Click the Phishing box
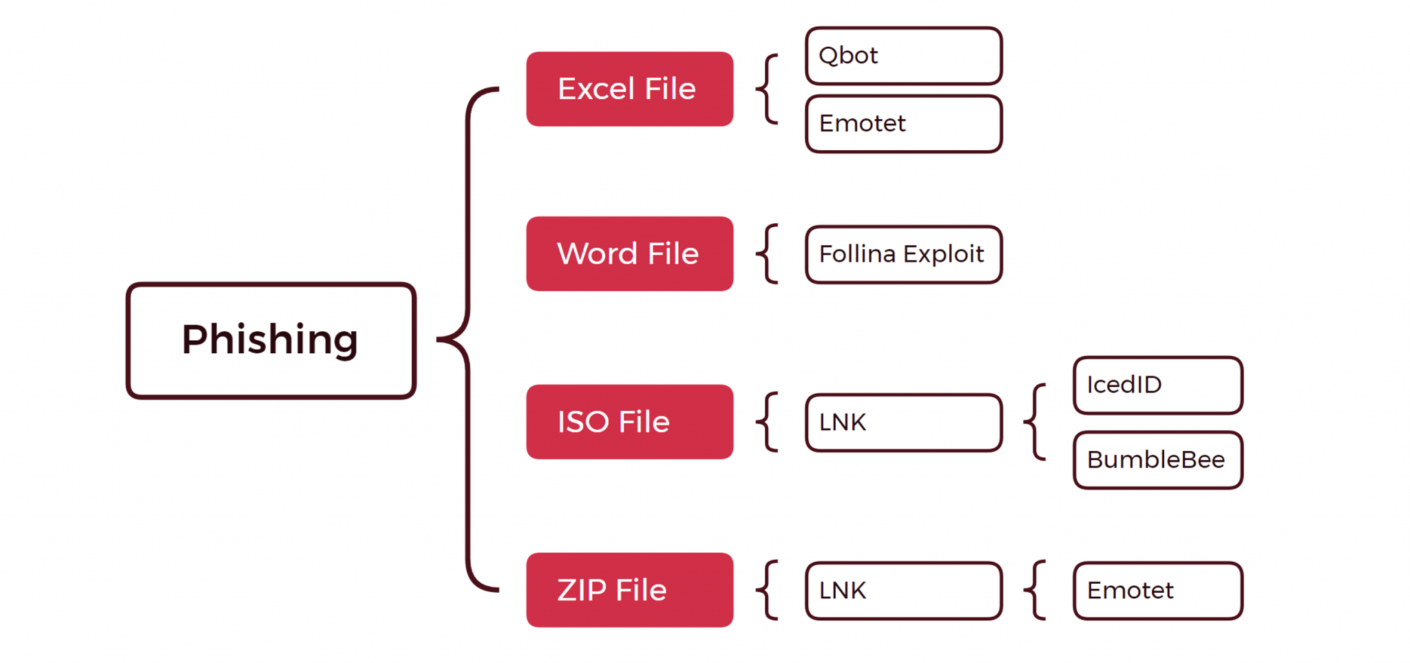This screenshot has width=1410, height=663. point(271,340)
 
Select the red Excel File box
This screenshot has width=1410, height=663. point(629,89)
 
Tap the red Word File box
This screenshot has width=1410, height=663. point(629,253)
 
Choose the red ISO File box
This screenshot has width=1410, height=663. point(629,421)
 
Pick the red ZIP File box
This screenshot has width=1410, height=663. point(629,589)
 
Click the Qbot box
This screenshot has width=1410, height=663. point(903,56)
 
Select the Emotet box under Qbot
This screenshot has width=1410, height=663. point(903,124)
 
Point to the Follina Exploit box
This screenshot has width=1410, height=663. point(903,254)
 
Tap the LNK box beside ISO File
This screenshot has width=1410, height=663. point(903,423)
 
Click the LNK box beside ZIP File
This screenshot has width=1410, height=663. point(903,591)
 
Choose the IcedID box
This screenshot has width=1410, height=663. point(1157,385)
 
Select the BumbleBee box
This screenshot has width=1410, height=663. point(1157,460)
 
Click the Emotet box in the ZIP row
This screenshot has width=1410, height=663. point(1157,591)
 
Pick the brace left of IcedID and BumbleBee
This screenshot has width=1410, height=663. point(1035,421)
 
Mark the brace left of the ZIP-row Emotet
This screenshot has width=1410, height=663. point(1035,589)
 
